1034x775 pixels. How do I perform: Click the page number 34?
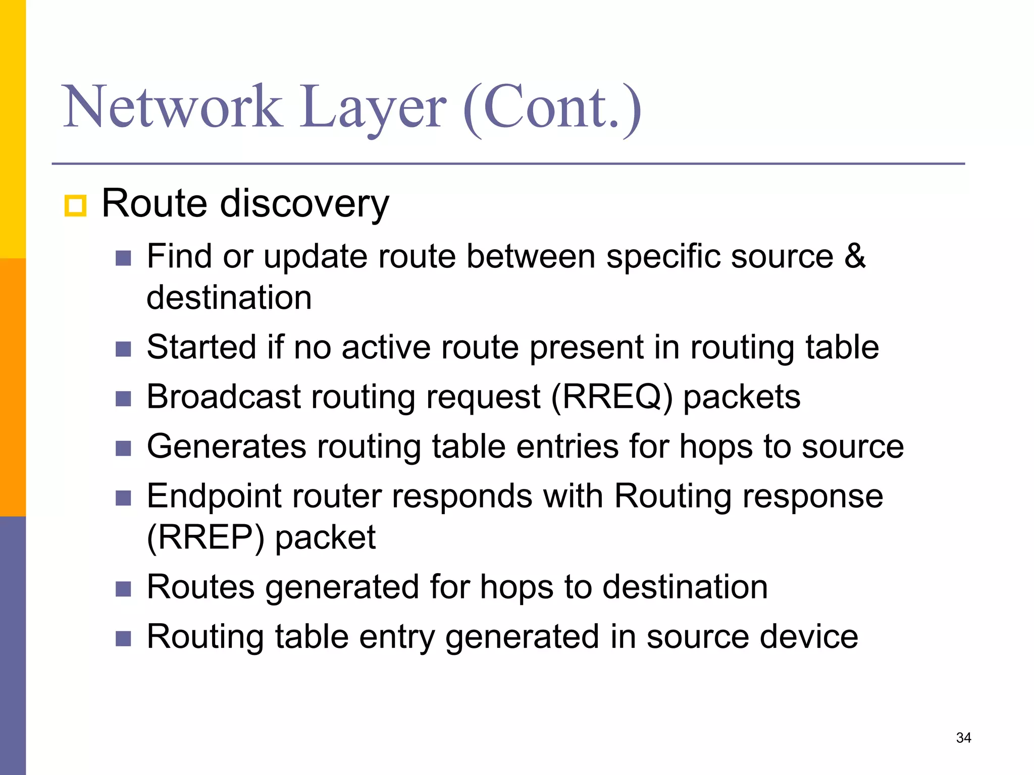963,738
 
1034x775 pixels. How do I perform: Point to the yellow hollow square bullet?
76,206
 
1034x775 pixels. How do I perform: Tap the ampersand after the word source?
855,256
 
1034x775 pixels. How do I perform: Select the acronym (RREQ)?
612,397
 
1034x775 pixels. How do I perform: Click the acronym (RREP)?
205,537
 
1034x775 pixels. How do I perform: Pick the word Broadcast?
224,397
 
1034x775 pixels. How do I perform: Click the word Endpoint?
214,496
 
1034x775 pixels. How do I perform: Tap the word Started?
201,347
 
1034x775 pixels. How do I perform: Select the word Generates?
227,447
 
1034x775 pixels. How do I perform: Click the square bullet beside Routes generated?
123,589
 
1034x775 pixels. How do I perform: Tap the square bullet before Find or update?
123,258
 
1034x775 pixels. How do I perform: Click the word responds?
462,496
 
